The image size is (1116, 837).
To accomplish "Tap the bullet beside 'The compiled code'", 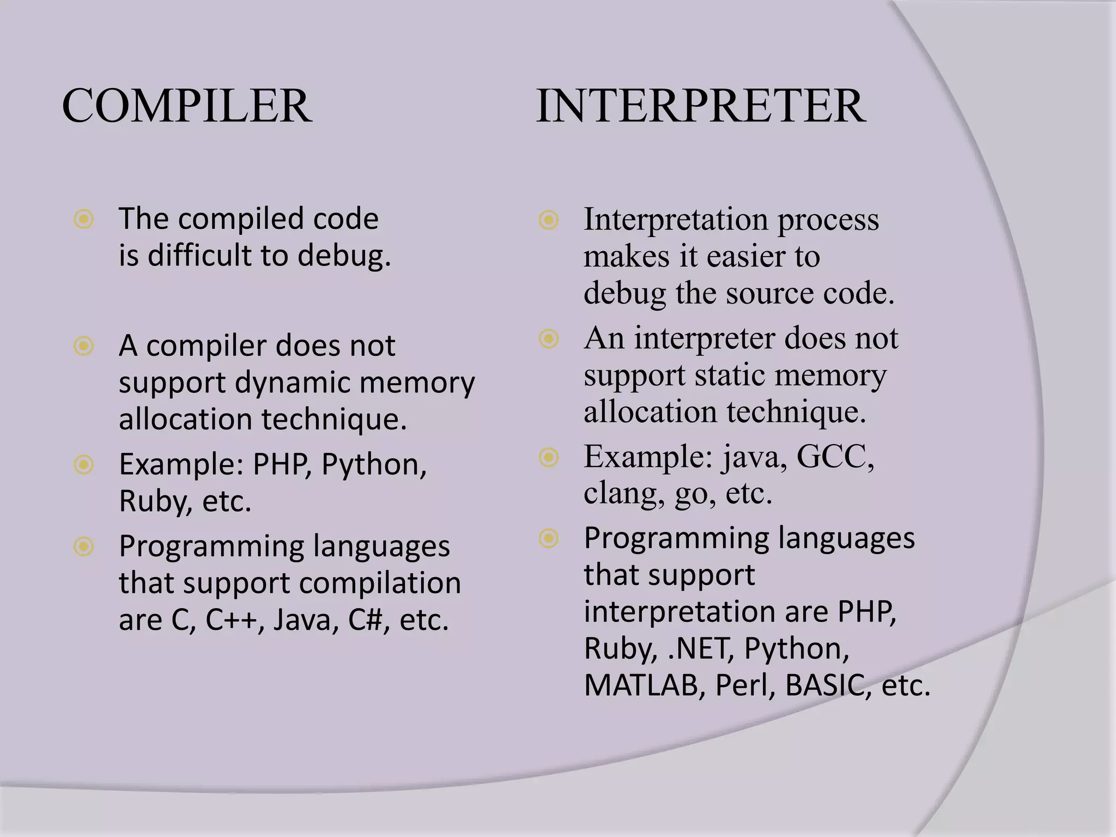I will pyautogui.click(x=84, y=220).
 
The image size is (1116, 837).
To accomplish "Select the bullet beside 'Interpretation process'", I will pyautogui.click(x=549, y=220).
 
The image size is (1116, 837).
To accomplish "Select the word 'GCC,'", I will pyautogui.click(x=835, y=456).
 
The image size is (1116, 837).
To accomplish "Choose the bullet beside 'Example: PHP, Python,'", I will pyautogui.click(x=84, y=465).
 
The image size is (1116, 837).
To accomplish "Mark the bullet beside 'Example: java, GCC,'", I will pyautogui.click(x=549, y=457).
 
